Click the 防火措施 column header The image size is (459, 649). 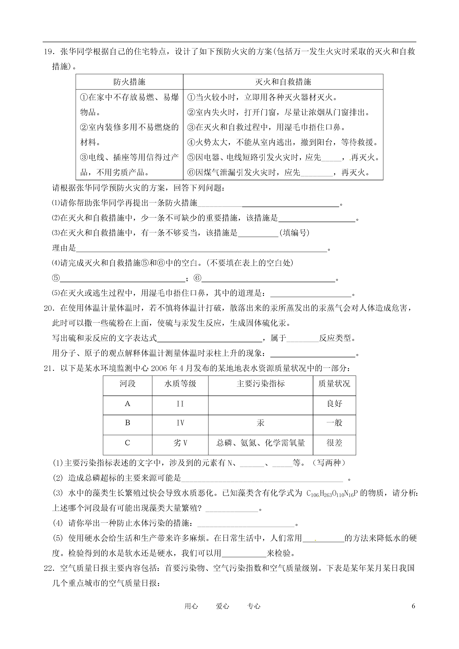click(129, 82)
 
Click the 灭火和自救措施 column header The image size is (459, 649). click(283, 82)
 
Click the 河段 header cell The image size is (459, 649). click(127, 384)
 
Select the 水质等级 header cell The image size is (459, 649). click(180, 384)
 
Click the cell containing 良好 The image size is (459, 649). click(334, 404)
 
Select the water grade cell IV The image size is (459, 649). click(180, 423)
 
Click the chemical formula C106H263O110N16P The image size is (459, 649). click(332, 493)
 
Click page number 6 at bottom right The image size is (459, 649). click(413, 606)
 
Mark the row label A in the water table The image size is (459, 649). click(127, 404)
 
